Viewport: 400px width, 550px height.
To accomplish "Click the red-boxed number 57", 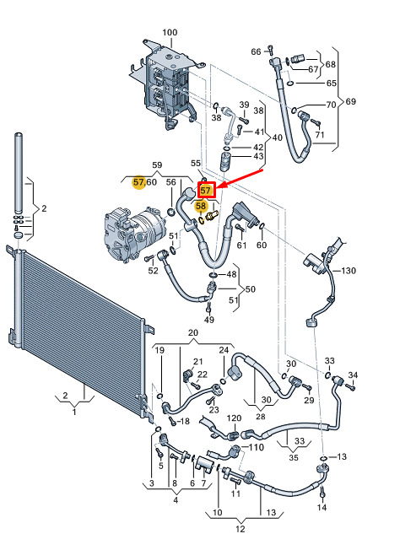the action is click(x=206, y=191).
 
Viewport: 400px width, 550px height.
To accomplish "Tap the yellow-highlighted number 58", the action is click(x=201, y=206).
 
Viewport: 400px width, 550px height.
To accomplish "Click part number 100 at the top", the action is click(x=170, y=32).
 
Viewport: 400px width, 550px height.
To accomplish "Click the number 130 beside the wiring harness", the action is click(x=348, y=271).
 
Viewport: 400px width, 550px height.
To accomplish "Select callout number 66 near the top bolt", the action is click(x=256, y=52).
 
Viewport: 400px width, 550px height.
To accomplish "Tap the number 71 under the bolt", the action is click(x=320, y=135).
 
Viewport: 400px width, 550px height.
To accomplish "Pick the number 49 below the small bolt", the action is click(x=209, y=320).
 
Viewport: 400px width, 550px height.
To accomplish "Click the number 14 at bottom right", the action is click(x=322, y=507).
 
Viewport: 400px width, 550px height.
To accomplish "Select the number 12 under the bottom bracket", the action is click(x=240, y=529).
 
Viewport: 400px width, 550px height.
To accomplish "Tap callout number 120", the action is click(x=234, y=418).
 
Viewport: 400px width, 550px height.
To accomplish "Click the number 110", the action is click(x=257, y=447).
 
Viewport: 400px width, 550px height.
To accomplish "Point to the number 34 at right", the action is click(x=353, y=375).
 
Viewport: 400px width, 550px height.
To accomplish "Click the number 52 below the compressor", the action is click(x=153, y=271).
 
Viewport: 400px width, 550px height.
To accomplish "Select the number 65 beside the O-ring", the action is click(x=332, y=84).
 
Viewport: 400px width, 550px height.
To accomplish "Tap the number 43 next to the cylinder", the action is click(x=258, y=156).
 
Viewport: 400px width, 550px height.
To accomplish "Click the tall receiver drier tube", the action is click(x=19, y=173).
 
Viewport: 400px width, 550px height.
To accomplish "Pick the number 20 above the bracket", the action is click(x=193, y=332).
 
